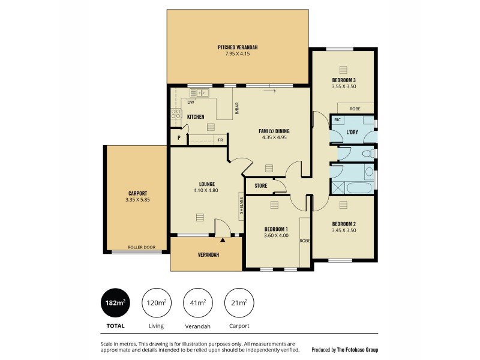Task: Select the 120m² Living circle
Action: (156, 303)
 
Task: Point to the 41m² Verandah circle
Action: (197, 303)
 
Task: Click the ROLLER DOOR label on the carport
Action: (141, 247)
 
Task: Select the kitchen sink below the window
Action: (199, 93)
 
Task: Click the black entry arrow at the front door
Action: (223, 239)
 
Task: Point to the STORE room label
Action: (260, 185)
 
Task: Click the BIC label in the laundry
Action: (338, 120)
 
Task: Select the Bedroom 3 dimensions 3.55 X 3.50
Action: (344, 86)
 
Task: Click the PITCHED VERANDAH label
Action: (238, 47)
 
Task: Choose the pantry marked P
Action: (178, 139)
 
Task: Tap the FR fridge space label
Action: (220, 140)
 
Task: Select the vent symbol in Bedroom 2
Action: (343, 205)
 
